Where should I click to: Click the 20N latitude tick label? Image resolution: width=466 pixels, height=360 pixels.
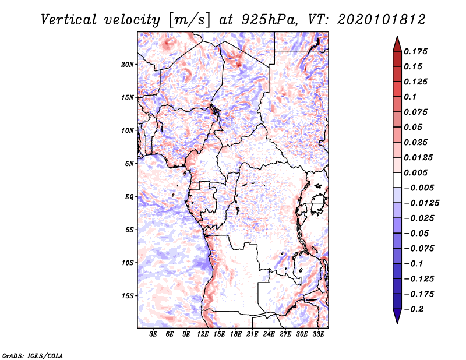(128, 64)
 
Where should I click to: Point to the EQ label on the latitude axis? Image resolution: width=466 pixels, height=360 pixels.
(129, 197)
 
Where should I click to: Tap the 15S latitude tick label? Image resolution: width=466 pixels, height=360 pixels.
(128, 296)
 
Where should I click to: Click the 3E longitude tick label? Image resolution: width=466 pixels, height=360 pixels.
(154, 334)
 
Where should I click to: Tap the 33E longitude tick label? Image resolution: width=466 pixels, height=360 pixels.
(318, 334)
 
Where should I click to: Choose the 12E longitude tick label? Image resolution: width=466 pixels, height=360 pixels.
(203, 334)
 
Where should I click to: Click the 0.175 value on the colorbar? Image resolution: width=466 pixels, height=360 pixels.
(416, 51)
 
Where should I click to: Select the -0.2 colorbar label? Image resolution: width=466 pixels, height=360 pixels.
(415, 309)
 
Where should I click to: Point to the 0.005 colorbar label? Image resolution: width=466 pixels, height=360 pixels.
(416, 172)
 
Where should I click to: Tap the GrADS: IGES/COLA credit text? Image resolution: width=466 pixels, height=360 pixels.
(33, 354)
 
